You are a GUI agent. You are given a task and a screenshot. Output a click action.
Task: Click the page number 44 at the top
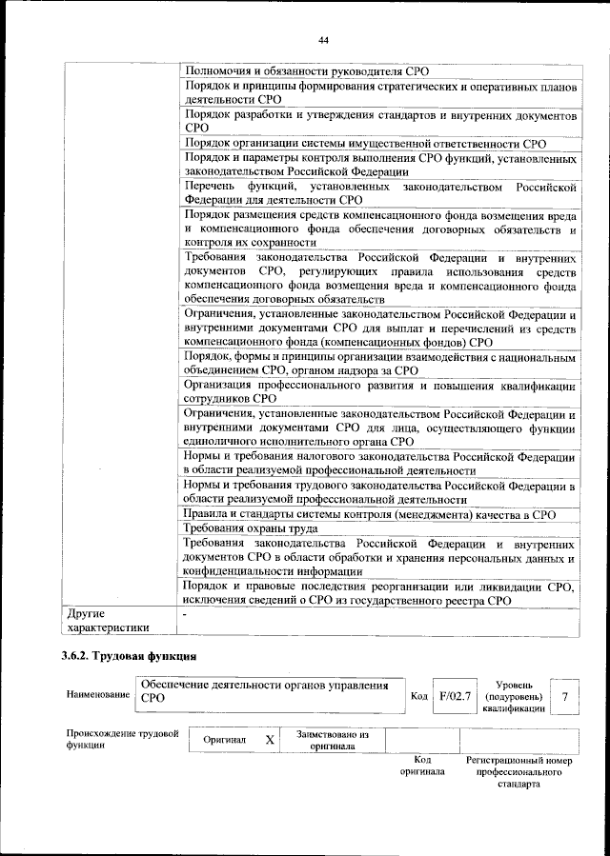tap(323, 39)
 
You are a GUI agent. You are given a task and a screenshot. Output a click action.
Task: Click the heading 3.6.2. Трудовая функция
tap(129, 655)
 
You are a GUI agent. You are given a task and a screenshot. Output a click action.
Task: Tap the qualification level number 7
tap(565, 696)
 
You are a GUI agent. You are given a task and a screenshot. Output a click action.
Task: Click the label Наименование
tap(97, 695)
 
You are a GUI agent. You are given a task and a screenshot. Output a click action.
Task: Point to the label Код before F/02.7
tap(418, 697)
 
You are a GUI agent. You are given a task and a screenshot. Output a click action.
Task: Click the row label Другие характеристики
tap(106, 621)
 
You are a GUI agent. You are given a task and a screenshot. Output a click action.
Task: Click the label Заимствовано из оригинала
tap(332, 740)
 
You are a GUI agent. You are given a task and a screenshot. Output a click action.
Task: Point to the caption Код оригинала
tap(423, 765)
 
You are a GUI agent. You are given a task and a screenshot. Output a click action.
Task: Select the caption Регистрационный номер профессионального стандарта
tap(518, 771)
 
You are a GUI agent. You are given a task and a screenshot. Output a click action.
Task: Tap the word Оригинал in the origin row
tap(225, 740)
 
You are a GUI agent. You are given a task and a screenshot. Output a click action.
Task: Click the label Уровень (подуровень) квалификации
tap(514, 696)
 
